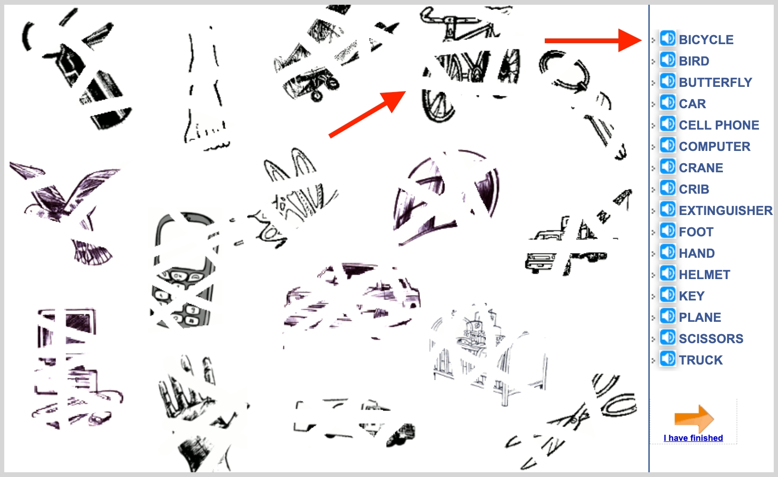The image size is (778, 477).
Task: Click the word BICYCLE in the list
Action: coord(706,40)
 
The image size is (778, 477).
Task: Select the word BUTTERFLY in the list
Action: coord(715,83)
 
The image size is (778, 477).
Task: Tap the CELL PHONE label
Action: coord(719,125)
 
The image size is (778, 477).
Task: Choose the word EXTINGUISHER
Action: coord(726,211)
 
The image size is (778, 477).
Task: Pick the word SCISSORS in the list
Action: coord(711,339)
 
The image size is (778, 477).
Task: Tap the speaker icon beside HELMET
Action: coord(667,273)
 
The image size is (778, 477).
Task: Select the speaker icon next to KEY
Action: coord(667,295)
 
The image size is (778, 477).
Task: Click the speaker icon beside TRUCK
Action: coord(667,359)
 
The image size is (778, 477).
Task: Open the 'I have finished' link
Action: coord(693,438)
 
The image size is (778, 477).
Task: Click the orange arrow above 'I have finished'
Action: coord(694,418)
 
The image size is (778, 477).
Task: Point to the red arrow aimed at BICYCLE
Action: coord(593,40)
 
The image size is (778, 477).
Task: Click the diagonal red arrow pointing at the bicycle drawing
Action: coord(368,114)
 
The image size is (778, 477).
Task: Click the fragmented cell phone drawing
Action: coord(184,271)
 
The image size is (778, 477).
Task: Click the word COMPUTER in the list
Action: coord(715,147)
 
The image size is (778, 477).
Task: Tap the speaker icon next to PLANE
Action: coord(667,316)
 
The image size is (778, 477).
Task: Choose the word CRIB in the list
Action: coord(694,189)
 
